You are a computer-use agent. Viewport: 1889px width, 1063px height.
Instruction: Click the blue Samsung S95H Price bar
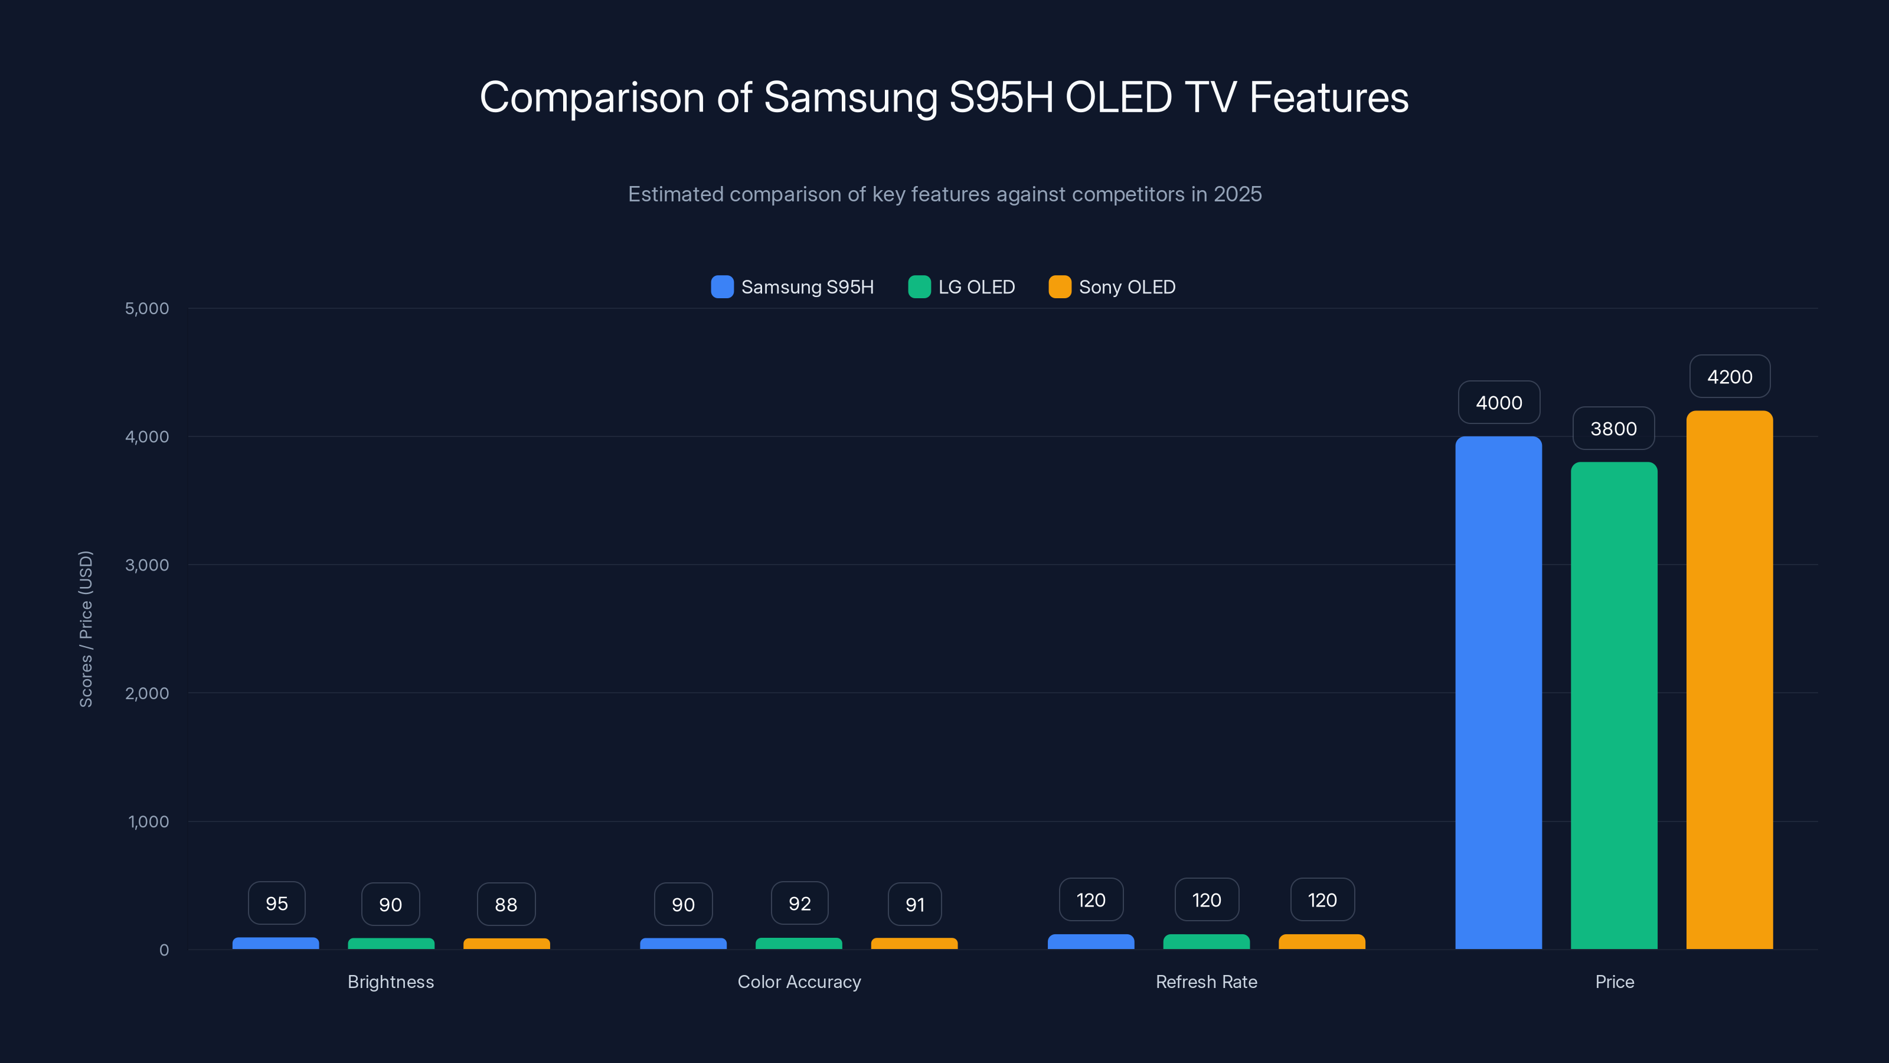[1498, 693]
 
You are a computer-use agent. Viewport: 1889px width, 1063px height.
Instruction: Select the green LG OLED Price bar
[1613, 705]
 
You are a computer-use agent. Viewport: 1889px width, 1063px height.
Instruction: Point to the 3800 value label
[1613, 428]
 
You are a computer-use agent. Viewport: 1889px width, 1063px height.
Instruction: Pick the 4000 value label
[1498, 402]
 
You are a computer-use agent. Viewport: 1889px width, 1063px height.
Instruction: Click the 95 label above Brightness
[276, 903]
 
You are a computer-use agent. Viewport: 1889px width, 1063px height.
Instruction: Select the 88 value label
[506, 905]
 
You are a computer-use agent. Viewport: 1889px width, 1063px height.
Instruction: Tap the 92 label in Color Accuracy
[799, 903]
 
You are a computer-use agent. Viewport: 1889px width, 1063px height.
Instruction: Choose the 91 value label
[914, 905]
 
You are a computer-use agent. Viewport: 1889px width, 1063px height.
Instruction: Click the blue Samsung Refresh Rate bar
[1090, 941]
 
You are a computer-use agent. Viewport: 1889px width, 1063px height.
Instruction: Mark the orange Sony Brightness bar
[506, 944]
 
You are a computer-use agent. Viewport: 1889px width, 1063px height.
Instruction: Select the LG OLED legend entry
[962, 287]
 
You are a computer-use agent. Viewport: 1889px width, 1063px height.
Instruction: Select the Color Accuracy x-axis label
[799, 982]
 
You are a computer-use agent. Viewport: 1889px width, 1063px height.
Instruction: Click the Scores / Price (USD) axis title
[86, 629]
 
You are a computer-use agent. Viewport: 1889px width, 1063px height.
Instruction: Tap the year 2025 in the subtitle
[1237, 194]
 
